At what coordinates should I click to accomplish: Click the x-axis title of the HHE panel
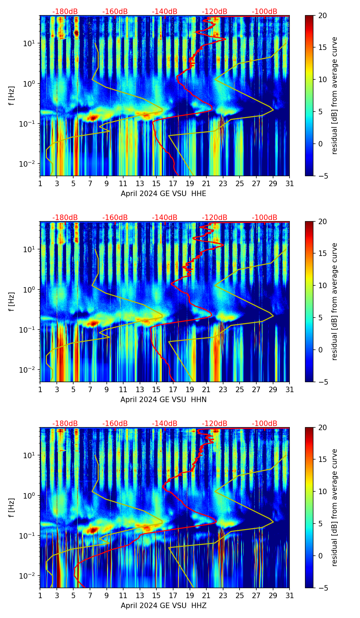tap(163, 194)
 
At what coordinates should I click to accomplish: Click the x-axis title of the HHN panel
tap(163, 400)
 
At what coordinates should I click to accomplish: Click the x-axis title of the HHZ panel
tap(163, 606)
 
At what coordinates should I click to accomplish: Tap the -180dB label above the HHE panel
tap(65, 12)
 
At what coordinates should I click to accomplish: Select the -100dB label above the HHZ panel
tap(265, 424)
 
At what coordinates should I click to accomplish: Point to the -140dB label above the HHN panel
tap(165, 218)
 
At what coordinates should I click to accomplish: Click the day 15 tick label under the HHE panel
tap(156, 184)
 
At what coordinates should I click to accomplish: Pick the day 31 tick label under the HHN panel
tap(290, 390)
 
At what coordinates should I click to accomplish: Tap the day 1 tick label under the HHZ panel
tap(40, 596)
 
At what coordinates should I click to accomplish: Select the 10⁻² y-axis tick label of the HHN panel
tap(27, 370)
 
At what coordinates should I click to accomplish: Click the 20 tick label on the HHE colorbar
tap(322, 16)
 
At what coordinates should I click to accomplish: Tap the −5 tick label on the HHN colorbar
tap(322, 382)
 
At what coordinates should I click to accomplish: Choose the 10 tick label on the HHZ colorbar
tap(322, 491)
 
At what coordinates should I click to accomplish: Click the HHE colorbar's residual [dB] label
tap(334, 95)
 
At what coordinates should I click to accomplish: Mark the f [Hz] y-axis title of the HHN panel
tap(12, 301)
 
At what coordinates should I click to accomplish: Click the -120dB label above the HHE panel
tap(215, 12)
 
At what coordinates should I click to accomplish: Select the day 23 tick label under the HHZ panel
tap(223, 596)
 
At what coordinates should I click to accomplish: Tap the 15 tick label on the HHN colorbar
tap(322, 254)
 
